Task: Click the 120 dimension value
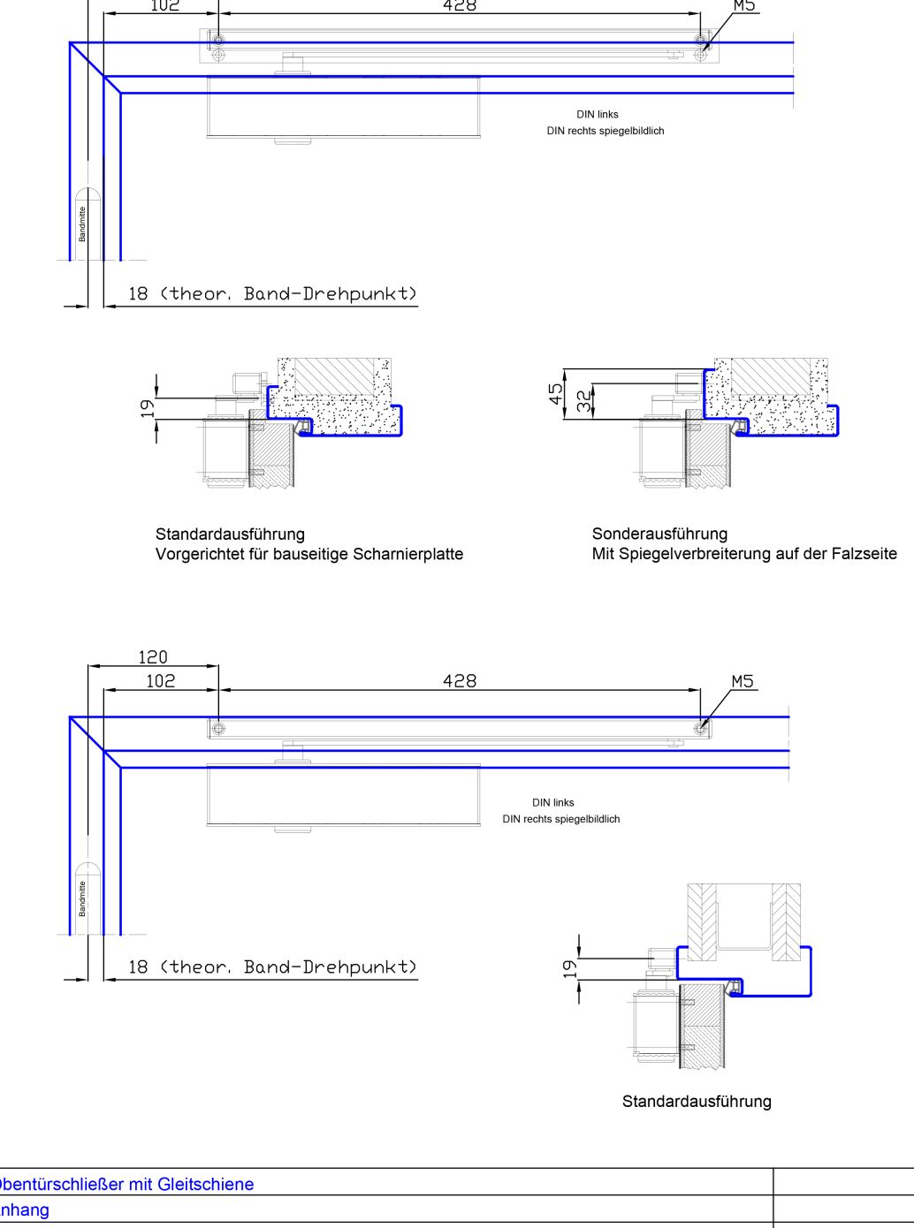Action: pyautogui.click(x=152, y=656)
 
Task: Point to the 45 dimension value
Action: pyautogui.click(x=556, y=394)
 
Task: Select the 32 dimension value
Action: pyautogui.click(x=583, y=401)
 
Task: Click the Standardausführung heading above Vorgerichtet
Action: pyautogui.click(x=230, y=534)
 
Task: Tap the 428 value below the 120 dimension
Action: pyautogui.click(x=459, y=680)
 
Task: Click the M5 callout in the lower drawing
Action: pyautogui.click(x=743, y=681)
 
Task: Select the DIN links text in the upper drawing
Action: pyautogui.click(x=598, y=114)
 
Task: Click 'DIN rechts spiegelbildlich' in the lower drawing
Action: pyautogui.click(x=561, y=819)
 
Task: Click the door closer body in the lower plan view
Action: pyautogui.click(x=343, y=795)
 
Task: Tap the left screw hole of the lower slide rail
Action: pyautogui.click(x=218, y=729)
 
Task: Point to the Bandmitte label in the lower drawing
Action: pyautogui.click(x=82, y=898)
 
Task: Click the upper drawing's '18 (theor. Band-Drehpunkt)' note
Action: pyautogui.click(x=271, y=293)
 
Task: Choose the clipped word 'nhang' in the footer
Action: pyautogui.click(x=25, y=1210)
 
